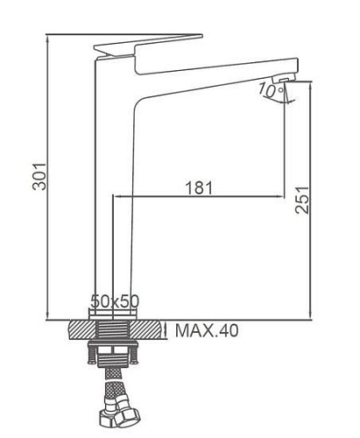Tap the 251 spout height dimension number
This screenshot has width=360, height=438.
point(301,203)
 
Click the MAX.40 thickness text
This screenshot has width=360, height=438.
point(206,330)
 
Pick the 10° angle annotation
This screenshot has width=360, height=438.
point(267,88)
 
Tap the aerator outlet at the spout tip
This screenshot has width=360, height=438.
point(282,85)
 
